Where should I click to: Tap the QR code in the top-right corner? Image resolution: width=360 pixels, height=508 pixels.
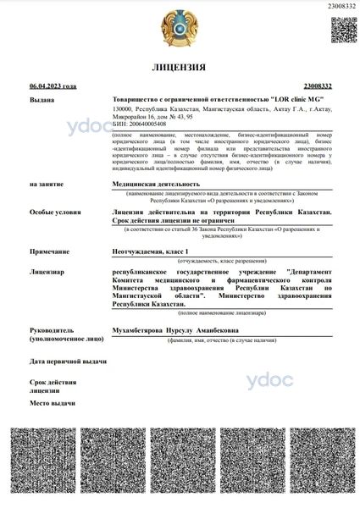[x=342, y=29]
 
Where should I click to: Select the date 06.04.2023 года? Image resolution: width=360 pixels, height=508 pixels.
[x=53, y=86]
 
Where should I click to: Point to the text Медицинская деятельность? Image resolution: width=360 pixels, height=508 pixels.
[x=157, y=183]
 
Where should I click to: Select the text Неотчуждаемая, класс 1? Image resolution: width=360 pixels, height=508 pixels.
[x=153, y=252]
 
